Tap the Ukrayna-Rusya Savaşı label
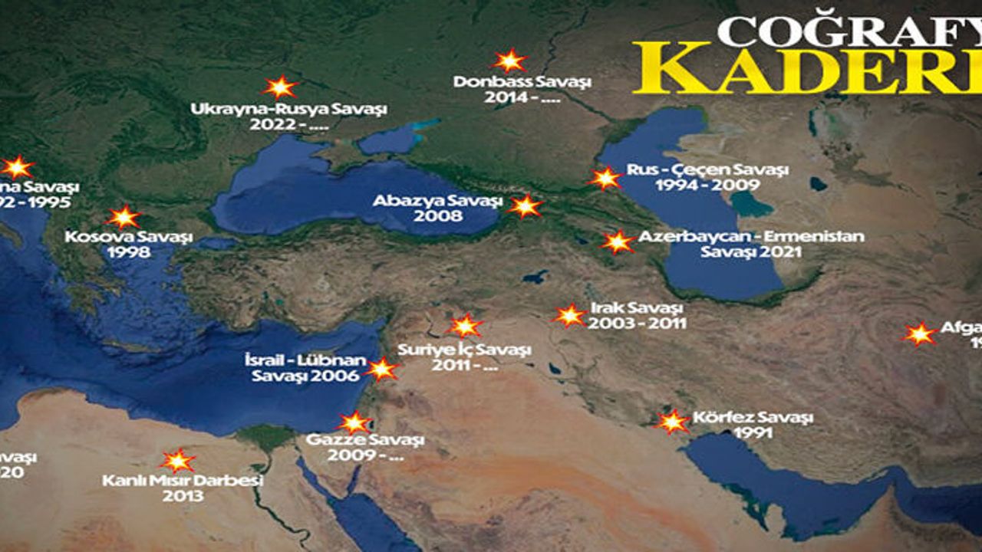[x=288, y=109]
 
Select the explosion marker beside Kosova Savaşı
[x=124, y=217]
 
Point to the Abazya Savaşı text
[x=437, y=201]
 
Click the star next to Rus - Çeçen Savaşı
[x=606, y=178]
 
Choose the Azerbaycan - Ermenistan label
[x=750, y=236]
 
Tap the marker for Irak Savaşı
[x=569, y=315]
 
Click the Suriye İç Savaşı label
[x=464, y=350]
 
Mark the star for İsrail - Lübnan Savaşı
[x=381, y=369]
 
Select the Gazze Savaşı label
[x=365, y=440]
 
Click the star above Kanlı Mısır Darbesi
[x=177, y=460]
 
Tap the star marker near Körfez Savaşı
[x=673, y=421]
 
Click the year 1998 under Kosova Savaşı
[x=128, y=252]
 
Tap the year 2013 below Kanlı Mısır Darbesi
[x=183, y=496]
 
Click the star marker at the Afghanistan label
[x=919, y=333]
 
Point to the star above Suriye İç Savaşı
[x=465, y=325]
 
